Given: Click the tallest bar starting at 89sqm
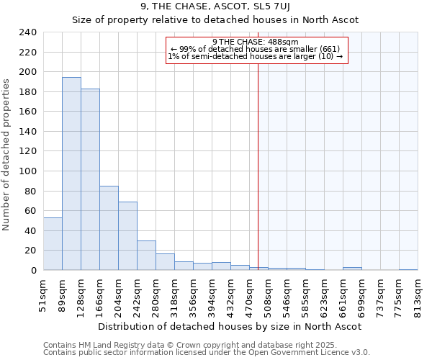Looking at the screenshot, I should (x=71, y=174).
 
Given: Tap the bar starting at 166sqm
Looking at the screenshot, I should (x=109, y=228).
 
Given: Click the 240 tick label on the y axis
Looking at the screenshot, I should (x=28, y=32).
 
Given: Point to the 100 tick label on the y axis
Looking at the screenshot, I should (x=28, y=171).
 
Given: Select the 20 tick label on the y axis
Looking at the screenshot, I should (x=31, y=251).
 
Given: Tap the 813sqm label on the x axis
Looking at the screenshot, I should (x=418, y=295).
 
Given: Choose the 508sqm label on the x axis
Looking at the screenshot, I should (x=268, y=295).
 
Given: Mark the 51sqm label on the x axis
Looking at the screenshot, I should (x=43, y=295).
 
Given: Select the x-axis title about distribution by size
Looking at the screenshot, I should (x=230, y=326).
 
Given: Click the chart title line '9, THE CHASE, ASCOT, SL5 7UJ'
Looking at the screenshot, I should (x=215, y=8).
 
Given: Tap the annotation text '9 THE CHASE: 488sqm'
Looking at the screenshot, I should (x=257, y=42).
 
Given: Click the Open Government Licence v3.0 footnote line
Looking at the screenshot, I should (x=207, y=353).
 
